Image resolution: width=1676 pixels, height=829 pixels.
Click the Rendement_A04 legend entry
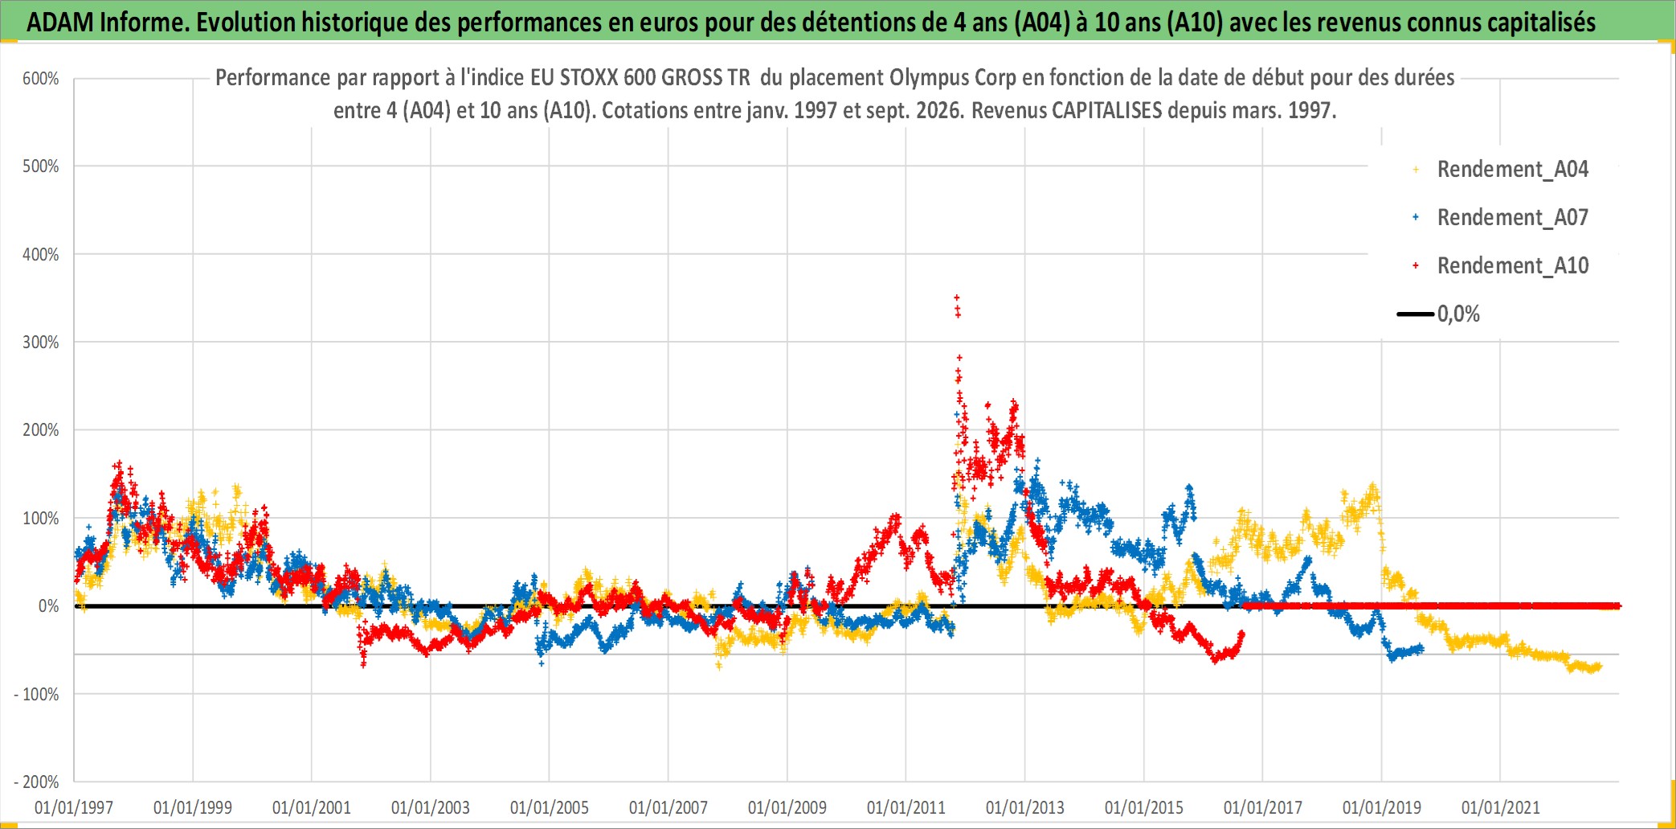pyautogui.click(x=1500, y=170)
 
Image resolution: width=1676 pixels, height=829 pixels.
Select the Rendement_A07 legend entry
pyautogui.click(x=1500, y=218)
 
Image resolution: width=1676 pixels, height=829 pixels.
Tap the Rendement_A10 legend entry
pyautogui.click(x=1500, y=266)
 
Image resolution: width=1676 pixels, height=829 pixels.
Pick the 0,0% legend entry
pyautogui.click(x=1438, y=314)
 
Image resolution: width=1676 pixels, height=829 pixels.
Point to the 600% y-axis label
pyautogui.click(x=41, y=79)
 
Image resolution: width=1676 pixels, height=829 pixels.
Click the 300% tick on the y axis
pyautogui.click(x=41, y=343)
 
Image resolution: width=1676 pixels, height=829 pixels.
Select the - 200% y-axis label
pyautogui.click(x=37, y=782)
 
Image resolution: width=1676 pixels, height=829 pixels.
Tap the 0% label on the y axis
pyautogui.click(x=49, y=606)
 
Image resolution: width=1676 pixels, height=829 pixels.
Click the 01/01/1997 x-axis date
pyautogui.click(x=74, y=807)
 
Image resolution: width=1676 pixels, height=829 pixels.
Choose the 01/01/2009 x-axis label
pyautogui.click(x=787, y=807)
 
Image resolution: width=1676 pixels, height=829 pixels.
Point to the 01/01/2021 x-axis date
pyautogui.click(x=1501, y=807)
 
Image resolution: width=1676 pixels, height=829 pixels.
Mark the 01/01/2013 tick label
pyautogui.click(x=1025, y=807)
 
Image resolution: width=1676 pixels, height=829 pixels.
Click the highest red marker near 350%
pyautogui.click(x=957, y=298)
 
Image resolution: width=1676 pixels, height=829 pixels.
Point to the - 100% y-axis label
pyautogui.click(x=37, y=694)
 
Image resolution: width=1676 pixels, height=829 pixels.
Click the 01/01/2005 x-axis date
pyautogui.click(x=550, y=807)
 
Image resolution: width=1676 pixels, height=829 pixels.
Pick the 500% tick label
pyautogui.click(x=41, y=166)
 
